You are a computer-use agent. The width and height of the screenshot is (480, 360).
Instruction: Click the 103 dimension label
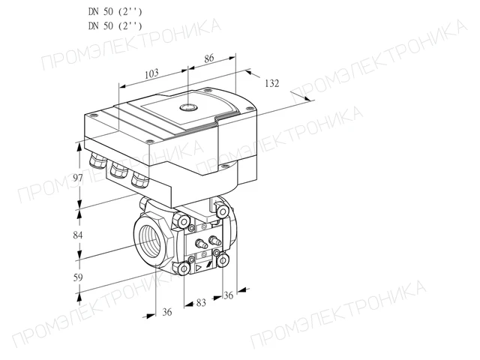point(151,73)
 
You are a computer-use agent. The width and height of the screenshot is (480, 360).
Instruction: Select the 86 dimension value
point(209,58)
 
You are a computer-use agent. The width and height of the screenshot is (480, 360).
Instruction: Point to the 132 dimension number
point(271,83)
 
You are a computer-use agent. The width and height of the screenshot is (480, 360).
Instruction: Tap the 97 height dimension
point(78,178)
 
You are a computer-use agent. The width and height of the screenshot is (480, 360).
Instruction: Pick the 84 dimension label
point(78,235)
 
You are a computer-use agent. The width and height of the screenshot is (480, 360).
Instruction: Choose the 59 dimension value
point(78,277)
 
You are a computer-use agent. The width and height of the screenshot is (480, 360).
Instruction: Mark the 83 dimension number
point(201,303)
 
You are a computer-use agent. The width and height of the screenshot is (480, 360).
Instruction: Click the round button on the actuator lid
point(188,106)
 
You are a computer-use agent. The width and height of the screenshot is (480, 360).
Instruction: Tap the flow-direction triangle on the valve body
point(198,269)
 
